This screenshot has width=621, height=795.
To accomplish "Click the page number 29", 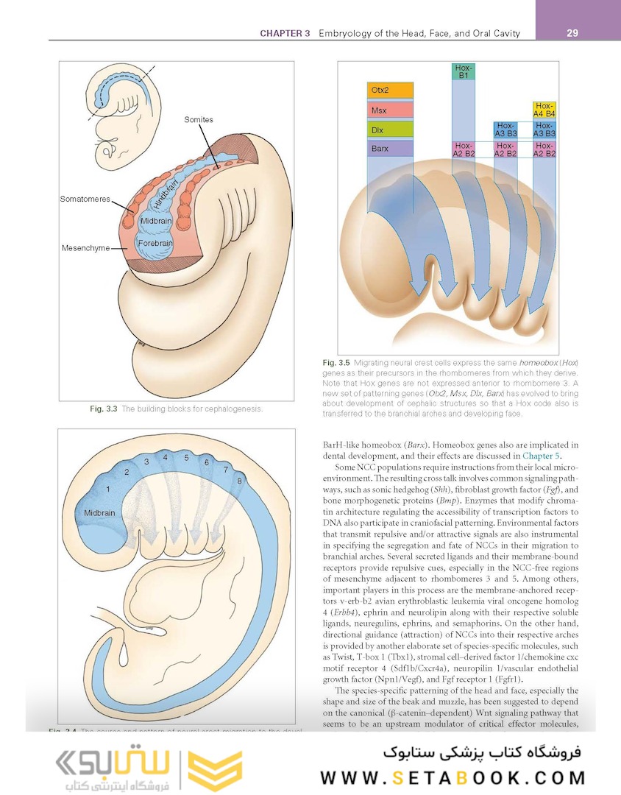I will (x=572, y=33).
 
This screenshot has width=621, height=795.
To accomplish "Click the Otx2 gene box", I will (x=390, y=91).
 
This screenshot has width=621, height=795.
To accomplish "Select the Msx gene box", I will (x=390, y=110).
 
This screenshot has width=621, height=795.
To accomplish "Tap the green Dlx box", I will (x=390, y=130).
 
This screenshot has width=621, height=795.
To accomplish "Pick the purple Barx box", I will (x=390, y=149).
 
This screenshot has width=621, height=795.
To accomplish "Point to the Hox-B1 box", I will (x=464, y=71).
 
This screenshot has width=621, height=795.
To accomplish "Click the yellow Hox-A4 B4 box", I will (x=544, y=110).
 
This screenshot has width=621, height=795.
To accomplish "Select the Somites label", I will (x=199, y=119).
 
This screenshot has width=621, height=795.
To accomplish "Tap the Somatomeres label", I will (x=85, y=199).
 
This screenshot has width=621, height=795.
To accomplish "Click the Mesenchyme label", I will (x=85, y=248).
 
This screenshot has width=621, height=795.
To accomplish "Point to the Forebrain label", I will (x=155, y=242).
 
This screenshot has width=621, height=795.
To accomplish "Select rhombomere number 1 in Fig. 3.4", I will (x=108, y=488).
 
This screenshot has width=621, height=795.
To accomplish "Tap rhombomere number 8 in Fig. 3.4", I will (x=239, y=481).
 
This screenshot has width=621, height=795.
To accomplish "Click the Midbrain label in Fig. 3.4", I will (x=99, y=512).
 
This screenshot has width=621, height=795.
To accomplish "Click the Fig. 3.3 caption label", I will (x=102, y=409).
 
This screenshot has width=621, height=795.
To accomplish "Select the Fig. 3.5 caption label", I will (x=337, y=363).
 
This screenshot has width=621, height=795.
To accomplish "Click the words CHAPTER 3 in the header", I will (x=285, y=33).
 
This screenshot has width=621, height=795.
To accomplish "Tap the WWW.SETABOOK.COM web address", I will (x=453, y=777).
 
